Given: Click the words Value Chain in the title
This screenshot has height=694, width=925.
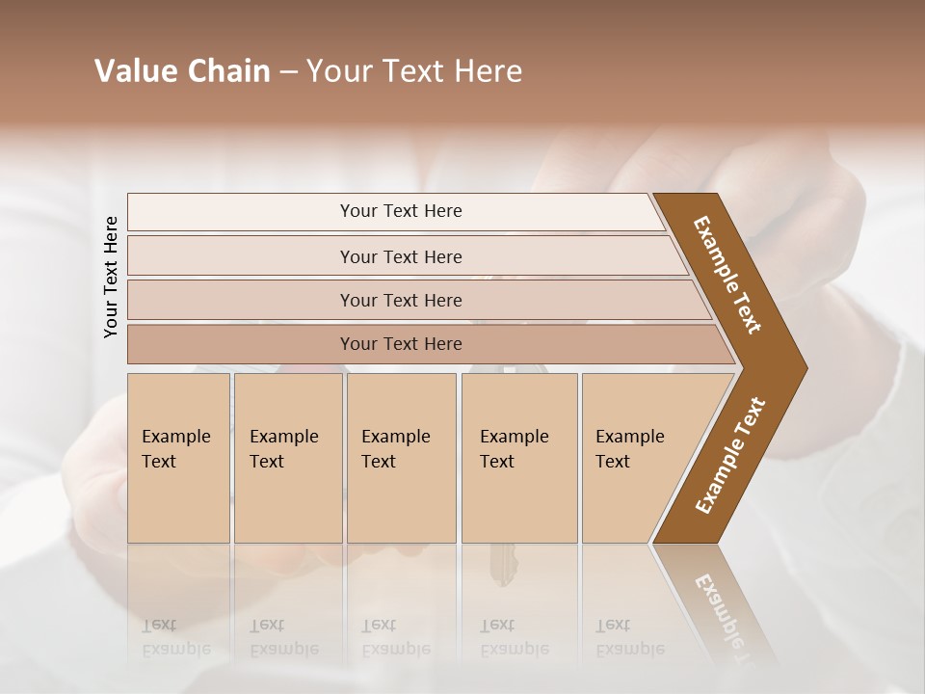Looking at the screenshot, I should coord(182,71).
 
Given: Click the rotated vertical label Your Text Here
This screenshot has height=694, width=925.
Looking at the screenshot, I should coord(111,277).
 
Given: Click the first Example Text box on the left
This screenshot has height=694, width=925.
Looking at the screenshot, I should coord(178,458).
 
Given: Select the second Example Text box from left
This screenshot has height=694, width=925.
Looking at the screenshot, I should coord(288,458).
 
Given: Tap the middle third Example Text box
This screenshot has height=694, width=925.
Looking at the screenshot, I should coord(401,458).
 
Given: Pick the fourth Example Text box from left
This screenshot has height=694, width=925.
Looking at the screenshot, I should coord(519,458).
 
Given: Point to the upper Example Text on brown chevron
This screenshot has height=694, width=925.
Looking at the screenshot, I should coord(727,275).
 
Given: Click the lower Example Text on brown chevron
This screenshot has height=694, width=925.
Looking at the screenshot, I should coord(730,455).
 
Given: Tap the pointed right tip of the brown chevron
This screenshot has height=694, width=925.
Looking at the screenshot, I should coord(802,368).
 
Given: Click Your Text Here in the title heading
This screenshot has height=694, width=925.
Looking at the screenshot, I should coord(414,71).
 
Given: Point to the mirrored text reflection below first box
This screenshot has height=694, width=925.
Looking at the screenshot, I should coord(175,637).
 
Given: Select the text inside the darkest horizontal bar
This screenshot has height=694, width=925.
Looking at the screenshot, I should coord(401,344).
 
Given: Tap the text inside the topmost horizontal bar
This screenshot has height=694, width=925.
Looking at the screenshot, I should coord(401,211).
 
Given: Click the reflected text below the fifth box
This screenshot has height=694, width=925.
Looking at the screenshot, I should coord(629,637).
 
